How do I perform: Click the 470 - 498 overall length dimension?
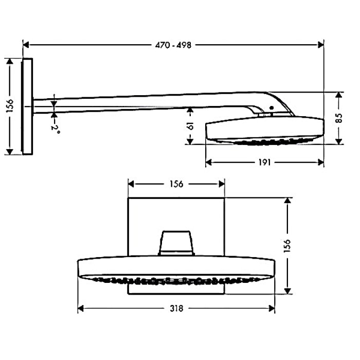click(x=173, y=45)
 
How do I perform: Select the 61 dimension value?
click(x=190, y=126)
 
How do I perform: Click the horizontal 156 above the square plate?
click(x=176, y=184)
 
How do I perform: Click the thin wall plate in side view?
click(x=27, y=106)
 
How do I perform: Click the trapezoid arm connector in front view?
click(x=176, y=243)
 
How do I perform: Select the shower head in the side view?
click(x=264, y=129)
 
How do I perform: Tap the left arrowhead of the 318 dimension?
click(x=81, y=309)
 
